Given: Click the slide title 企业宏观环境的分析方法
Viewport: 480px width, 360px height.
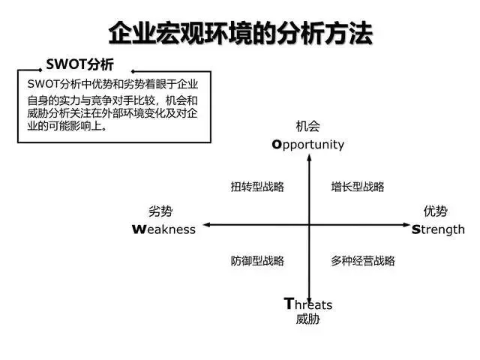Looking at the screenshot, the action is click(241, 33).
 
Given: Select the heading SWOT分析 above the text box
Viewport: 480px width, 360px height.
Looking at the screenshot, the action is click(79, 64).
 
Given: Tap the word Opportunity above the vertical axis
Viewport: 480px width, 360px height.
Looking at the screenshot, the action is click(308, 145).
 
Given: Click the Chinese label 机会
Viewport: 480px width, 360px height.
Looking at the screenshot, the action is click(308, 126).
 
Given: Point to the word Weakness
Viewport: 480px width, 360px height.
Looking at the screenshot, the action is click(163, 229).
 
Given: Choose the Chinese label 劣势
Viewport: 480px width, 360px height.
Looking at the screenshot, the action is click(160, 211).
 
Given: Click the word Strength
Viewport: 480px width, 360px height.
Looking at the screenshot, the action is click(438, 230).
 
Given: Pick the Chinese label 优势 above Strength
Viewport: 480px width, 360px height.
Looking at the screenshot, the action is click(436, 211).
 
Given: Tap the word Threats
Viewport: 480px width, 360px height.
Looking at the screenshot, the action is click(308, 304).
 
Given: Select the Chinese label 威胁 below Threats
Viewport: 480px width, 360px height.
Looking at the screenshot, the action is click(308, 319).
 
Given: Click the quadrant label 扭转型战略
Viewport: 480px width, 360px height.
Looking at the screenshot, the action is click(257, 187).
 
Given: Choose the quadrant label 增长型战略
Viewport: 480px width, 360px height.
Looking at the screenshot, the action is click(358, 187).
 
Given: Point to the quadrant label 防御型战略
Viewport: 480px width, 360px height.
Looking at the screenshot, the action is click(257, 261).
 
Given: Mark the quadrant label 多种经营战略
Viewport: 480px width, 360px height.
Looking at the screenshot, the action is click(363, 261).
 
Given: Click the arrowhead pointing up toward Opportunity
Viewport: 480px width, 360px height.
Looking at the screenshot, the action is click(309, 157).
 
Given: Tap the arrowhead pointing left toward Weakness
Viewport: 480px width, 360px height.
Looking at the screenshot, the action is click(207, 225).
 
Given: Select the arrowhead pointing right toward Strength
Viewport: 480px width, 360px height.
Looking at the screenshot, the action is click(406, 225).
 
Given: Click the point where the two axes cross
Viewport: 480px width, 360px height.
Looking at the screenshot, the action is click(309, 225).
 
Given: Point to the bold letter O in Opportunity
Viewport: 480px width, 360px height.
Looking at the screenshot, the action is click(277, 144).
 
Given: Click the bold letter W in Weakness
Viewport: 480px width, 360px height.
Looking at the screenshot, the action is click(138, 229).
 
